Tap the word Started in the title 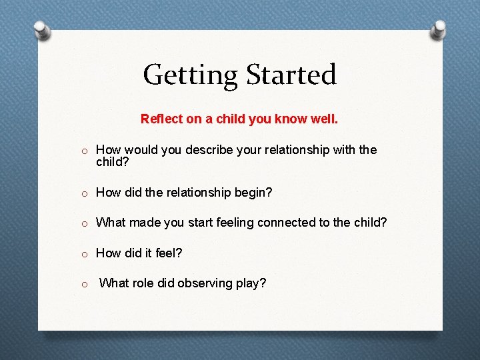click(x=289, y=75)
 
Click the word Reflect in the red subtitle click(x=161, y=119)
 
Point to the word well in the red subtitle click(x=325, y=119)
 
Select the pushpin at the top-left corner click(x=41, y=29)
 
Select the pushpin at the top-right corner click(x=439, y=29)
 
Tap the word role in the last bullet click(x=145, y=283)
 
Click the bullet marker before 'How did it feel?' click(x=85, y=253)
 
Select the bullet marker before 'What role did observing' click(x=85, y=284)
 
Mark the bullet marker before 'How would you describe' click(x=85, y=151)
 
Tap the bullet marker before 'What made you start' click(x=85, y=223)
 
